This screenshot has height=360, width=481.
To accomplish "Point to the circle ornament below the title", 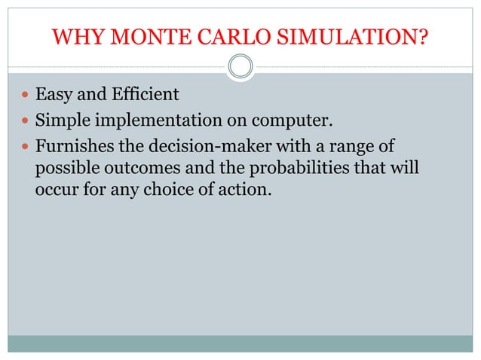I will (240, 66).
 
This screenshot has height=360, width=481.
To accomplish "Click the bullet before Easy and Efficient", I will (26, 96).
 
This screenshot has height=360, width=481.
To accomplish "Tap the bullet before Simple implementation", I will (26, 118).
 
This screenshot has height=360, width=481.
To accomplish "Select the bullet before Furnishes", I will (26, 142).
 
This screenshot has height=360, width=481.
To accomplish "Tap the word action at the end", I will (247, 188).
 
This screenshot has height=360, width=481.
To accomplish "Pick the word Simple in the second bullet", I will (61, 118).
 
